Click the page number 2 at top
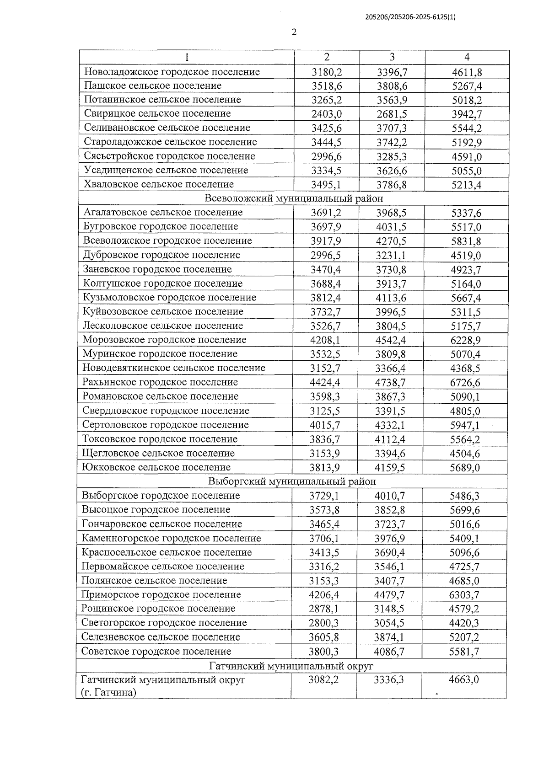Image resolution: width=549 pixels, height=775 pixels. [294, 32]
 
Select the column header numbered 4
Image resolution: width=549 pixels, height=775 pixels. [467, 57]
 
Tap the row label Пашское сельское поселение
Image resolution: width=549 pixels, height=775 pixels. [152, 86]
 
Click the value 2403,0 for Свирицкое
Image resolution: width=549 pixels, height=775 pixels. [327, 114]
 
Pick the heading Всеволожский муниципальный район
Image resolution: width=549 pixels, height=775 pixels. [293, 198]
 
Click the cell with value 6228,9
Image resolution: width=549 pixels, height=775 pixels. [465, 340]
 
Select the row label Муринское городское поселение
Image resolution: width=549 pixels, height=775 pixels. [160, 353]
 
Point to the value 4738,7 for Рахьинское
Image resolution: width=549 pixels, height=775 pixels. [390, 382]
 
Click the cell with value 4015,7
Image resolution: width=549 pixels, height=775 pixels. [325, 425]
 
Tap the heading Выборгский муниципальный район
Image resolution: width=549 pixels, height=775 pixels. [292, 481]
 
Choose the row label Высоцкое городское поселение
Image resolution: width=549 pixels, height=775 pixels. [156, 509]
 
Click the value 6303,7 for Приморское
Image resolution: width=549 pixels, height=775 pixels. [464, 595]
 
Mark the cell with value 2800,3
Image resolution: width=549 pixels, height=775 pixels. [323, 623]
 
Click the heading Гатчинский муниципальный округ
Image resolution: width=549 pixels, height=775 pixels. [291, 665]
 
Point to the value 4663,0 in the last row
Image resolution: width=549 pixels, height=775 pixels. [463, 679]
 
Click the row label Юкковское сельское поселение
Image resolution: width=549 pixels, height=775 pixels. [156, 467]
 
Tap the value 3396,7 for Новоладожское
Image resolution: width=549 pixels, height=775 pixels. [392, 72]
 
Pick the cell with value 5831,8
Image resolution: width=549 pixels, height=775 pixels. [466, 241]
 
